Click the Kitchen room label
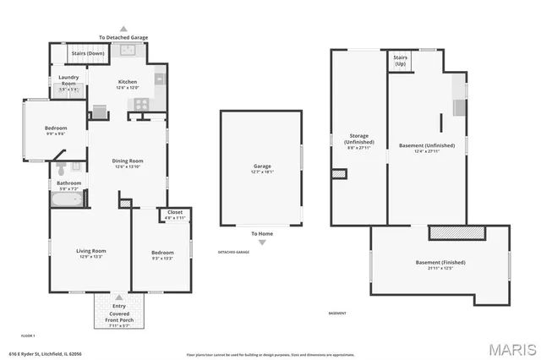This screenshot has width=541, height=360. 127,82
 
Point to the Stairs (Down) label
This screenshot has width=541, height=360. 87,53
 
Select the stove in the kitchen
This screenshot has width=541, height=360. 140,104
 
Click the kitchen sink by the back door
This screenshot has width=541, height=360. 128,51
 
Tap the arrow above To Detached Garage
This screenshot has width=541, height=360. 123,28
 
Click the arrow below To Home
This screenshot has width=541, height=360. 262,243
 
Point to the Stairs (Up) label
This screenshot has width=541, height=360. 400,62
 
